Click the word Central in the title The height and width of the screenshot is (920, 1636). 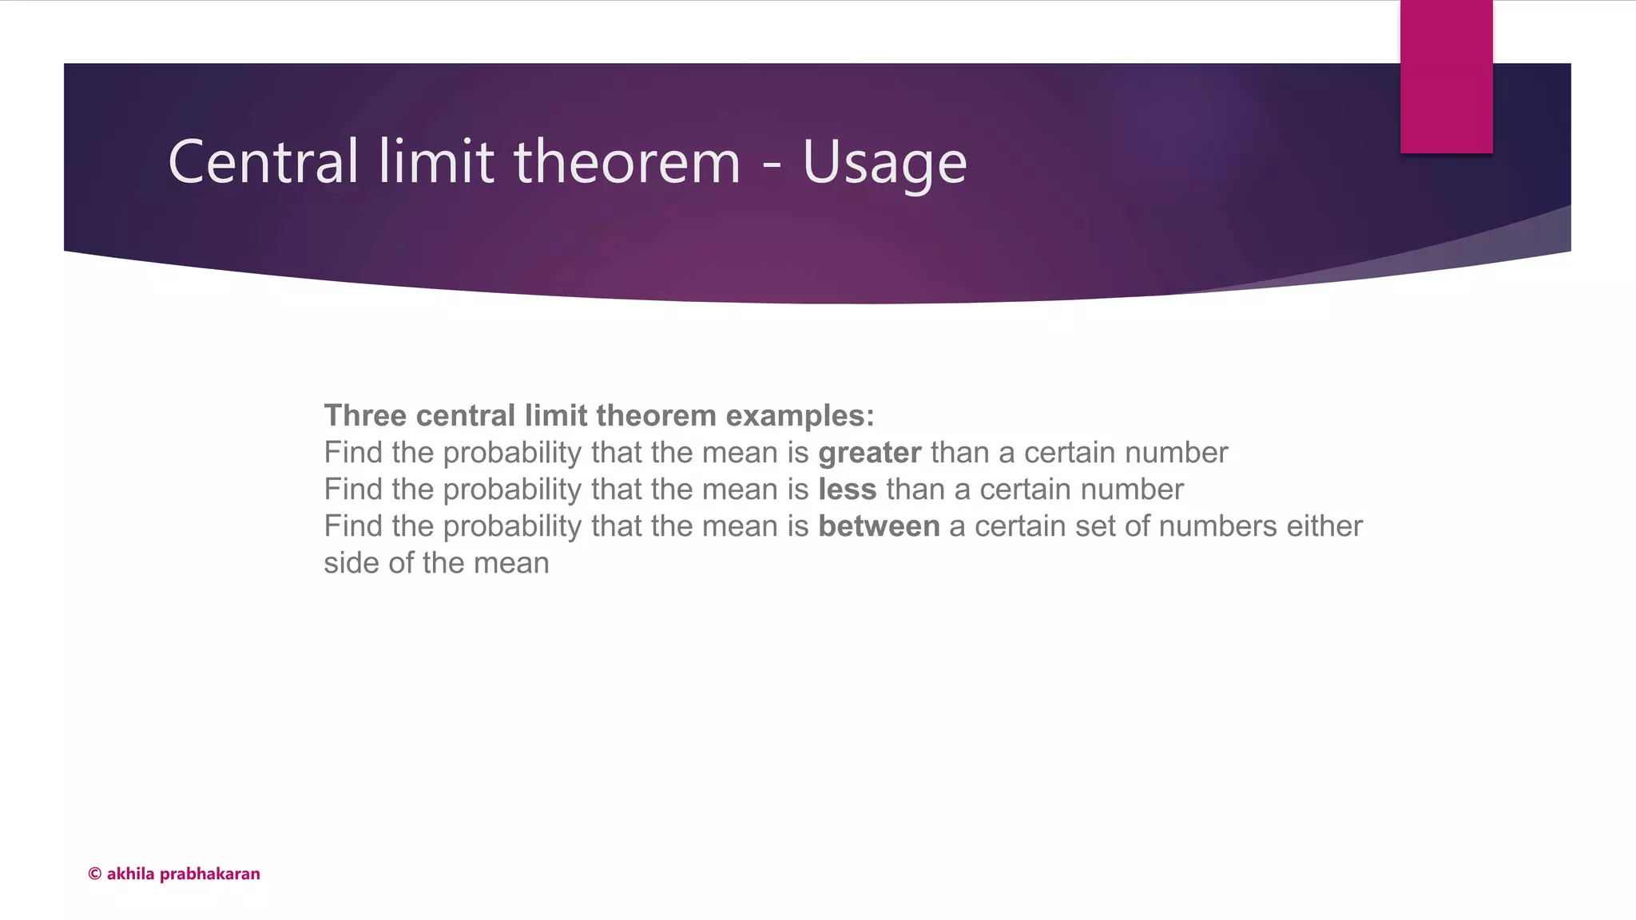coord(263,162)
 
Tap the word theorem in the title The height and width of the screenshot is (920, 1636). coord(627,162)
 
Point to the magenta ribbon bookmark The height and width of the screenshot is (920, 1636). coord(1446,77)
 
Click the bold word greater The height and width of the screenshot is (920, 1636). coord(869,454)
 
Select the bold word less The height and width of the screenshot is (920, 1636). coord(847,490)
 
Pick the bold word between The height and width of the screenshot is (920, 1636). coord(879,526)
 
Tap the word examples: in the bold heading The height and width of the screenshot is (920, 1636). coord(800,416)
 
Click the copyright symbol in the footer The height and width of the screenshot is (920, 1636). coord(94,874)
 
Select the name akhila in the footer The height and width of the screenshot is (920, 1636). coord(130,874)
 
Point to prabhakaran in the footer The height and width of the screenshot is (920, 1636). coord(210,874)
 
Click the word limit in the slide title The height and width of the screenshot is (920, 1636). coord(436,162)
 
